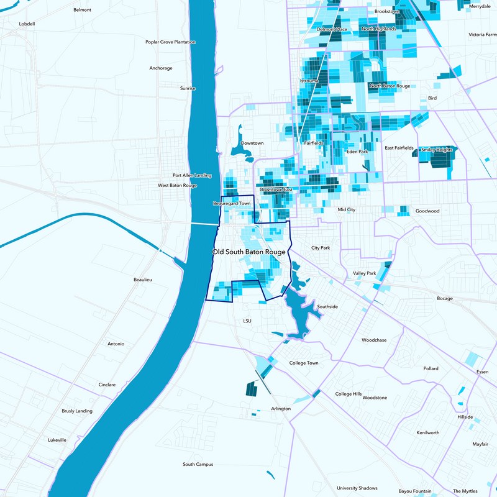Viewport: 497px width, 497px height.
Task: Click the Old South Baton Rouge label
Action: point(248,252)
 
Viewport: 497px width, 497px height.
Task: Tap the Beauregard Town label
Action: point(232,203)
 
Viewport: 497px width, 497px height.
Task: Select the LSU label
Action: point(247,321)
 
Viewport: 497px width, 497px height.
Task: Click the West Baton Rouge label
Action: point(177,185)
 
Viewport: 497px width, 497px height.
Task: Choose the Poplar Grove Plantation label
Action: point(170,42)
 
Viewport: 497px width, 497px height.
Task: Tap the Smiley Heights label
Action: point(437,150)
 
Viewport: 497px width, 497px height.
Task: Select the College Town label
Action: point(304,363)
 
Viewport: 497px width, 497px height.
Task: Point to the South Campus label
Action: point(198,464)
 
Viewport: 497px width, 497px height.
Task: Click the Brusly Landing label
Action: point(77,411)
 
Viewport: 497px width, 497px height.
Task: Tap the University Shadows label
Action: point(357,488)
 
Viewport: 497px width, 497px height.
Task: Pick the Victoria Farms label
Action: point(482,35)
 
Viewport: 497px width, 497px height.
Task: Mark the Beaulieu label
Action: point(143,280)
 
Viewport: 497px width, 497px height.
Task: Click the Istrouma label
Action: point(309,81)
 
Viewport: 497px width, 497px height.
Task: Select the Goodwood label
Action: point(427,211)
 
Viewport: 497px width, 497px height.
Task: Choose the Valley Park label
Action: point(365,273)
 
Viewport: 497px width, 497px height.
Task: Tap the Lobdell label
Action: point(27,24)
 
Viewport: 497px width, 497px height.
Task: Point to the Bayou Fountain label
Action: point(415,491)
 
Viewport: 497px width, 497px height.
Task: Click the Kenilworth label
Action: point(428,432)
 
